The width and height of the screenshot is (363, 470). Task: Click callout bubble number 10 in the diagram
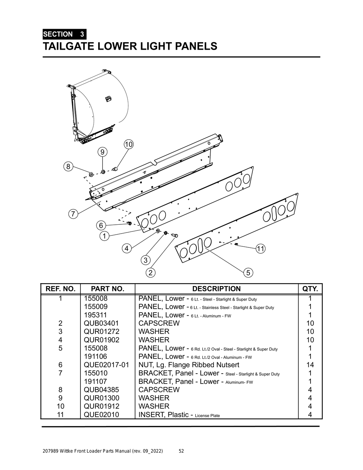click(128, 144)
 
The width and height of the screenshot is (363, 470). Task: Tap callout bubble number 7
click(73, 214)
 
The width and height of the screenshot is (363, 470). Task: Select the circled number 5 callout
click(248, 273)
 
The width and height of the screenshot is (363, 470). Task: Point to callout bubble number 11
click(261, 249)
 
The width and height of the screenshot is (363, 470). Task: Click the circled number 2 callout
click(151, 273)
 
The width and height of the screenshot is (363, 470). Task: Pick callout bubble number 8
click(68, 166)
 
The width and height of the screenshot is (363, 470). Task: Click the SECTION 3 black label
click(64, 34)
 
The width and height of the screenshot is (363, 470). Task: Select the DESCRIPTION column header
click(216, 289)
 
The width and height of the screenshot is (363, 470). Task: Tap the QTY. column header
click(310, 289)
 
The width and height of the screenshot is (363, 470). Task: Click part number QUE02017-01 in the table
click(106, 365)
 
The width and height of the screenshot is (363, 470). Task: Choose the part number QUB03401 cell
click(101, 323)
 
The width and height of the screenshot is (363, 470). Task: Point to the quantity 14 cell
click(310, 365)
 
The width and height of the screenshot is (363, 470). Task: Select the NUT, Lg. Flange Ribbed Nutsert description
click(189, 365)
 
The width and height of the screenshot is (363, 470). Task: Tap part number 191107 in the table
click(95, 381)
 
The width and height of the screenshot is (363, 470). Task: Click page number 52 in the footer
click(181, 451)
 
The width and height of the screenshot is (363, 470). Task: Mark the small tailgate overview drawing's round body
click(103, 103)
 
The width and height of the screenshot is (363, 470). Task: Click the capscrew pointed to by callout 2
click(175, 235)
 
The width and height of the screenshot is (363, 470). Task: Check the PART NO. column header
click(107, 289)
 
